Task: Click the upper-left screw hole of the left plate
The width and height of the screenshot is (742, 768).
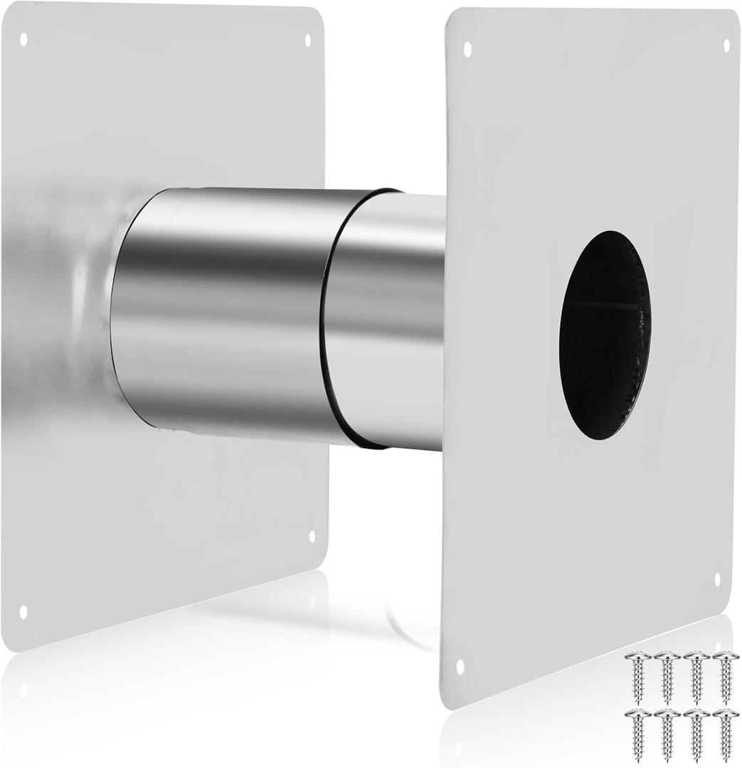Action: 23,38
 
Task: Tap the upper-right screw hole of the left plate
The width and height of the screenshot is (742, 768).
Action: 308,40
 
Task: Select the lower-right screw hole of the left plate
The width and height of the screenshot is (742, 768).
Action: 312,535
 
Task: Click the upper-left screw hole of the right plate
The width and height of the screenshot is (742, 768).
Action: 467,49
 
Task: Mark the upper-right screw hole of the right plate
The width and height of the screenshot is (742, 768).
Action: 726,46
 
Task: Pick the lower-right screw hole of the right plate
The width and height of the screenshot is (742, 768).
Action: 716,579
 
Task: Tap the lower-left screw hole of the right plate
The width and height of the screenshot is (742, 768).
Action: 460,666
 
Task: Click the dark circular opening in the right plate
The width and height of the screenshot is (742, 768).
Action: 605,334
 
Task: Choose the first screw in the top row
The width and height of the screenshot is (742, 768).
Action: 637,676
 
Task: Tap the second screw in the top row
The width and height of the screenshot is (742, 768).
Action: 667,676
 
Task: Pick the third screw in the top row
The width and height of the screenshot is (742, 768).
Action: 696,676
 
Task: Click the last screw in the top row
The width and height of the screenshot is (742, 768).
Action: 726,676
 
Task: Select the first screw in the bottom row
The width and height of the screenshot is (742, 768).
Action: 637,734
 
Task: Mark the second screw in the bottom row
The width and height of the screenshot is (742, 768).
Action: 667,734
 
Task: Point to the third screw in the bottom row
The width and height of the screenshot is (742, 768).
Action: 696,734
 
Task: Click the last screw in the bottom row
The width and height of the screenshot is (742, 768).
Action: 726,734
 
